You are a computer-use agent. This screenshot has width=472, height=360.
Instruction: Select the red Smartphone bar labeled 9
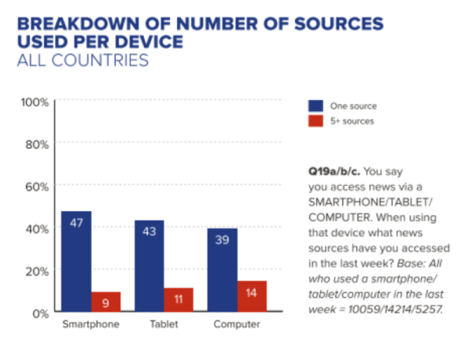tap(106, 302)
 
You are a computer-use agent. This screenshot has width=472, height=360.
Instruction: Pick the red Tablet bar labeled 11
tap(178, 300)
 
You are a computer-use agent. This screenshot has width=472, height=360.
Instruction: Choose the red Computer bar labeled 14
tap(251, 296)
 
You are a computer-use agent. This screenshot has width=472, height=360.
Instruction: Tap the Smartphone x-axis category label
tap(91, 325)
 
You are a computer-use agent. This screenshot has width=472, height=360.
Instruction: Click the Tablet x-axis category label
tap(164, 325)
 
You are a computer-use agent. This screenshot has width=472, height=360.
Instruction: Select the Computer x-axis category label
tap(237, 325)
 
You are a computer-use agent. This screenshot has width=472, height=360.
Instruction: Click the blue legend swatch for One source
tap(315, 106)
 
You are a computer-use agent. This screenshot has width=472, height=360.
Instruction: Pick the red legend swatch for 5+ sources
tap(315, 121)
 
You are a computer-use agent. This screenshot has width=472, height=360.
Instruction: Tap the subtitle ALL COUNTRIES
tap(83, 60)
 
